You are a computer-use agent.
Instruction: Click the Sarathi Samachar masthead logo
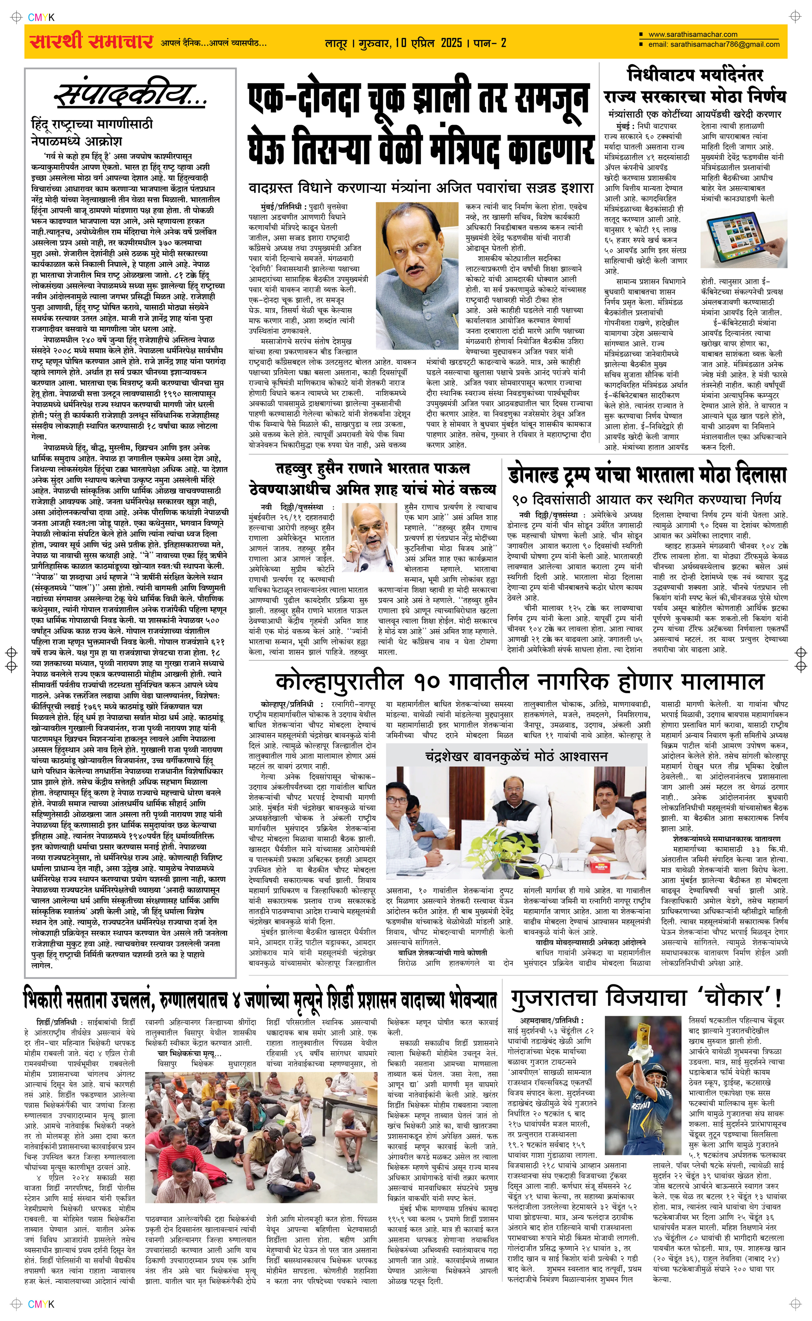tap(91, 41)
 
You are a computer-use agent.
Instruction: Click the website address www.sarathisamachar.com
tap(693, 35)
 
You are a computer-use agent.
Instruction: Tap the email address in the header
tap(714, 45)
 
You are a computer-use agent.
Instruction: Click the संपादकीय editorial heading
tap(130, 95)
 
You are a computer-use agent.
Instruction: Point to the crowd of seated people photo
tap(261, 1141)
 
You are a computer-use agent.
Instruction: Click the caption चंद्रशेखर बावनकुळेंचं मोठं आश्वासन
tap(516, 757)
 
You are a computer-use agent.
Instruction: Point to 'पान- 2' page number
tap(490, 43)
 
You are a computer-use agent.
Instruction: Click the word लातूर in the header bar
tap(336, 43)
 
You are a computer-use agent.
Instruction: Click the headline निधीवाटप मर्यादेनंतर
tap(695, 75)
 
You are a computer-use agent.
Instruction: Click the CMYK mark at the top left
tap(41, 17)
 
